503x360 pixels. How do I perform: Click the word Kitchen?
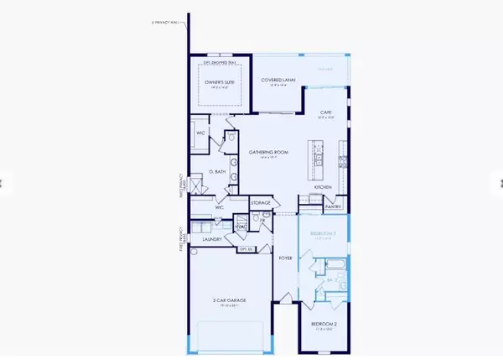point(324,186)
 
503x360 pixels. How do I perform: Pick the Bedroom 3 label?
point(324,233)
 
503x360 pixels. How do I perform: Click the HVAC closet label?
point(239,227)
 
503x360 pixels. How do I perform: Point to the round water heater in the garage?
point(195,251)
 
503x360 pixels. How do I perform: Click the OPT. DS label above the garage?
point(246,249)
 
